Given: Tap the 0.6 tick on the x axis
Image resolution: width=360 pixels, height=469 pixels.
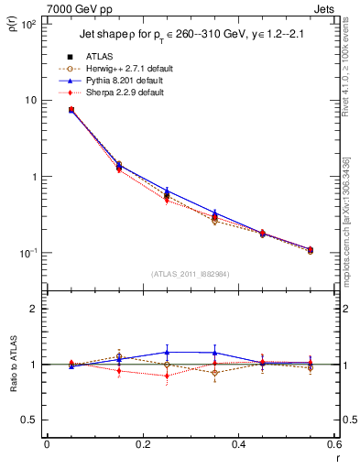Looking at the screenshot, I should pyautogui.click(x=333, y=445).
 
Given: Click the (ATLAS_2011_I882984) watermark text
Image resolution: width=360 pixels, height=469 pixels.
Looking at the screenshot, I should pyautogui.click(x=190, y=275).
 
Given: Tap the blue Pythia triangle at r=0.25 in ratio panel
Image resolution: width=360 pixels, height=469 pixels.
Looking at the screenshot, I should pyautogui.click(x=167, y=352).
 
